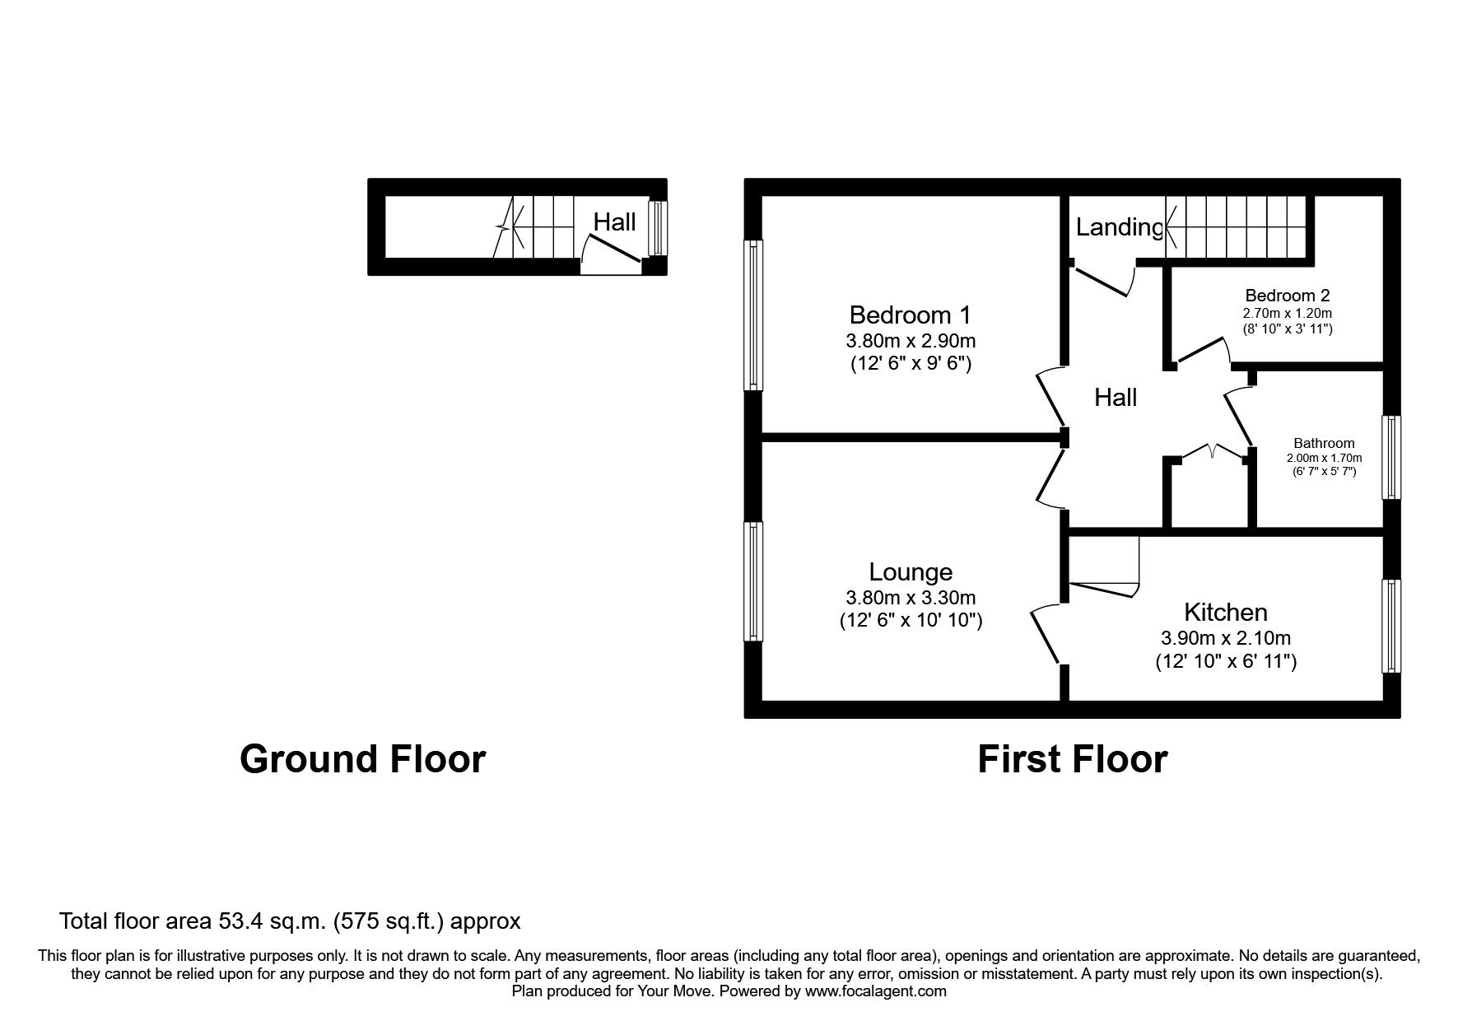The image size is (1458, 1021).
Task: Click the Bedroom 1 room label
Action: click(x=910, y=315)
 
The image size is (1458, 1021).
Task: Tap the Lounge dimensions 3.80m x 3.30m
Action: click(x=911, y=598)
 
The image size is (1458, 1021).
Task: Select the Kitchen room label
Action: click(x=1225, y=612)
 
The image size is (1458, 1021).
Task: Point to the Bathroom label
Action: click(x=1323, y=443)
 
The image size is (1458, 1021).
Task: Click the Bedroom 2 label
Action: click(x=1287, y=295)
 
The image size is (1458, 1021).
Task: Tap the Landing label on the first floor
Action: click(x=1118, y=226)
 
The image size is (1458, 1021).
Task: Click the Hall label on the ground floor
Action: click(x=614, y=221)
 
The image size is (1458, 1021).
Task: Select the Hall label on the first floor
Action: click(x=1115, y=398)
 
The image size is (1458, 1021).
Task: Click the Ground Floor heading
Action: click(x=362, y=758)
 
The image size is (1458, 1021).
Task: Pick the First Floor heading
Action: click(x=1071, y=758)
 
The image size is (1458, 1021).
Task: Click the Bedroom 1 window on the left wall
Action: click(x=753, y=315)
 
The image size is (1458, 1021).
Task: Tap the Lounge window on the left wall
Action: click(x=753, y=581)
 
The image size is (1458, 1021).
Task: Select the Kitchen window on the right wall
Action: click(x=1390, y=626)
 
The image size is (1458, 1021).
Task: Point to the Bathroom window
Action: click(x=1390, y=457)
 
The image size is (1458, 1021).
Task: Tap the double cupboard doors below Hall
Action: click(x=1211, y=452)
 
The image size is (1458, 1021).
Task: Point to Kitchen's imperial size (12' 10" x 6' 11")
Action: click(x=1225, y=660)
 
